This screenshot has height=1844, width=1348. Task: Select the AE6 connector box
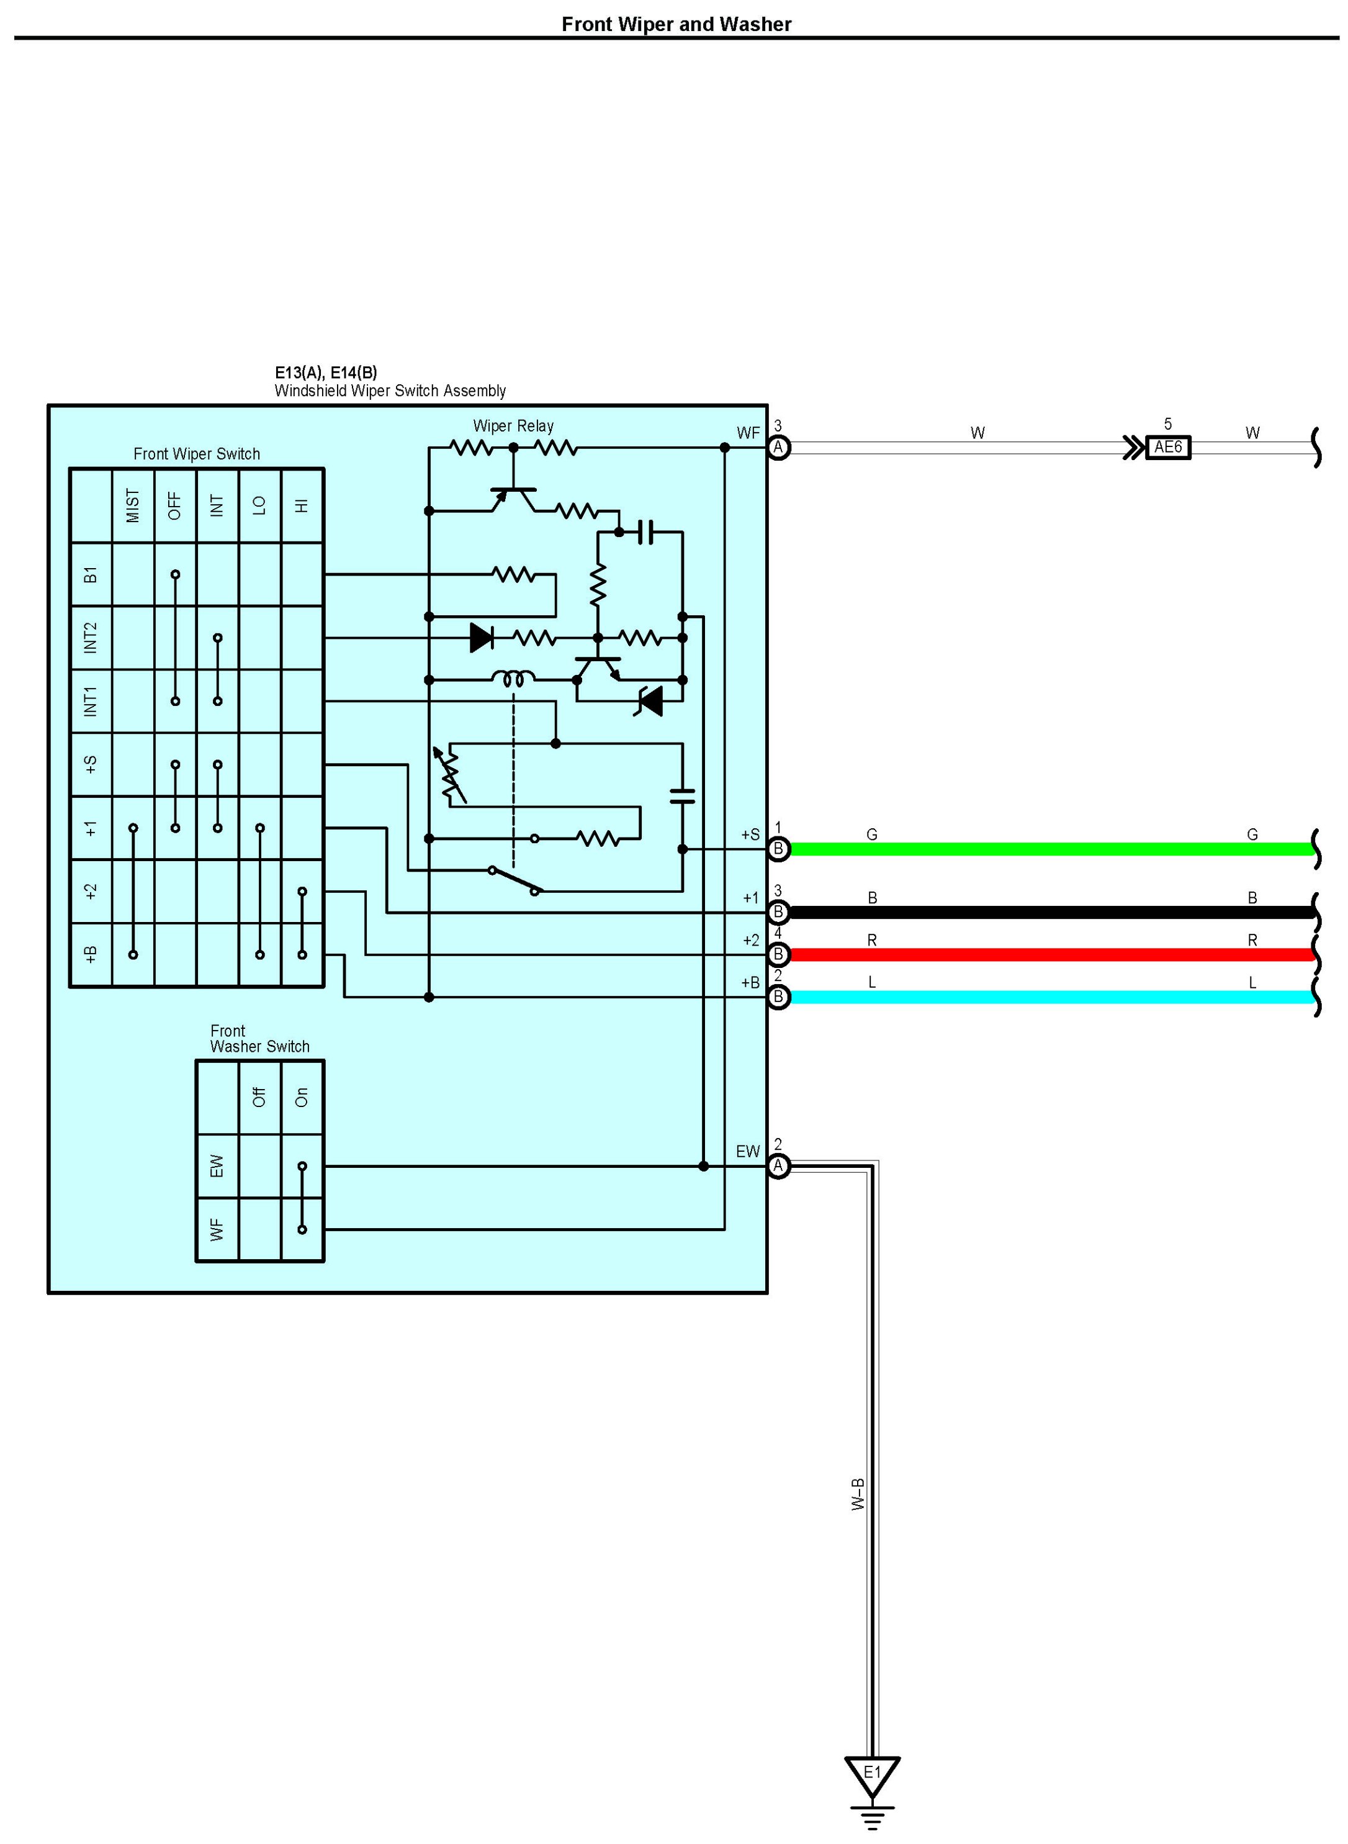point(1167,447)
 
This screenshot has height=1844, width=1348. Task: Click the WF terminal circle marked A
point(778,447)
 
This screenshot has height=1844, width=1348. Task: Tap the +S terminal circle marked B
point(778,849)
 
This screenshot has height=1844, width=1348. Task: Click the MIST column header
point(133,505)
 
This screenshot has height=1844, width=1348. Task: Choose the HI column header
point(302,505)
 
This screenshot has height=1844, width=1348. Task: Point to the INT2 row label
point(91,638)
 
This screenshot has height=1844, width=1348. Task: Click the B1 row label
point(91,575)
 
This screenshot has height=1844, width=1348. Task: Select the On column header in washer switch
point(302,1097)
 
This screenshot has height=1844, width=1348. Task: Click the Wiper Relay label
point(513,425)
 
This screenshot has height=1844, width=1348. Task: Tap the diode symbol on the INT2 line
point(482,638)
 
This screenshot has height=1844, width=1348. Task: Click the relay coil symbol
point(513,679)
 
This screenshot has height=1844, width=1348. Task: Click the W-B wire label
point(858,1494)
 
